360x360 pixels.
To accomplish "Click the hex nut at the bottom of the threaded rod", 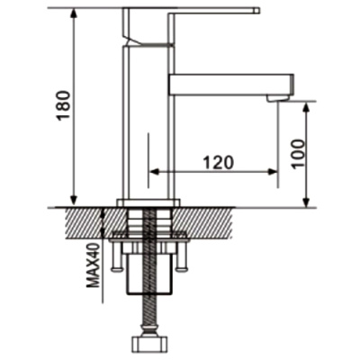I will (x=148, y=346).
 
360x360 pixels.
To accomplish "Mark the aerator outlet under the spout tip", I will (x=278, y=95).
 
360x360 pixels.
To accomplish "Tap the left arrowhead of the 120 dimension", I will (x=152, y=170).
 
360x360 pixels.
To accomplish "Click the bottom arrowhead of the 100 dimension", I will (x=309, y=201).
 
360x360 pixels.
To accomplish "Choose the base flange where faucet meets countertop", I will (x=148, y=202).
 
